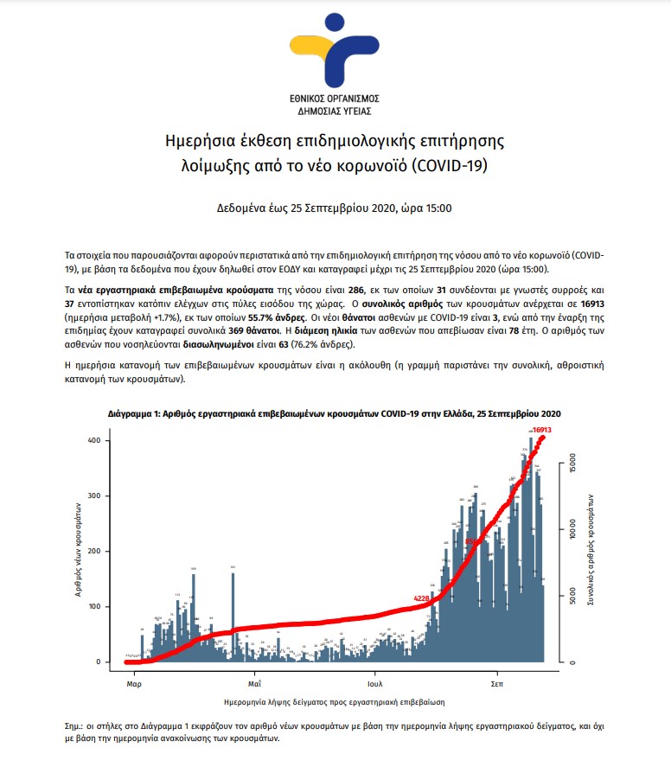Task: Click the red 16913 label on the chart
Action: pyautogui.click(x=542, y=429)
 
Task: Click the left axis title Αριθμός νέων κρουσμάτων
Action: pyautogui.click(x=79, y=552)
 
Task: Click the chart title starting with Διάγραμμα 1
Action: pyautogui.click(x=335, y=414)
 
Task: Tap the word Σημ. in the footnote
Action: pyautogui.click(x=75, y=727)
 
